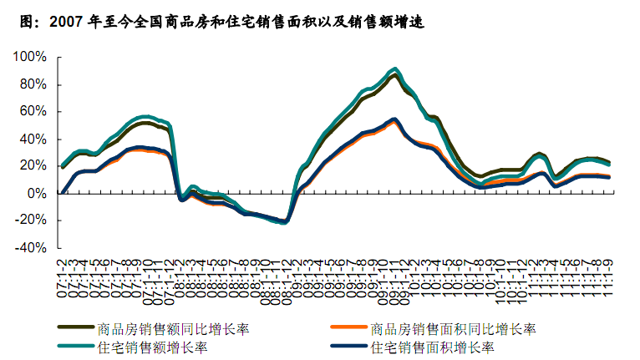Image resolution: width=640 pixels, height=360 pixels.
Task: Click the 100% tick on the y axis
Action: [29, 57]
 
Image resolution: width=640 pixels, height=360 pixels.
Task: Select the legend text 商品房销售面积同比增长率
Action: [452, 328]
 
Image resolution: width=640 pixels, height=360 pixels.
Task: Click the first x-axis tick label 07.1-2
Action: [62, 269]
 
